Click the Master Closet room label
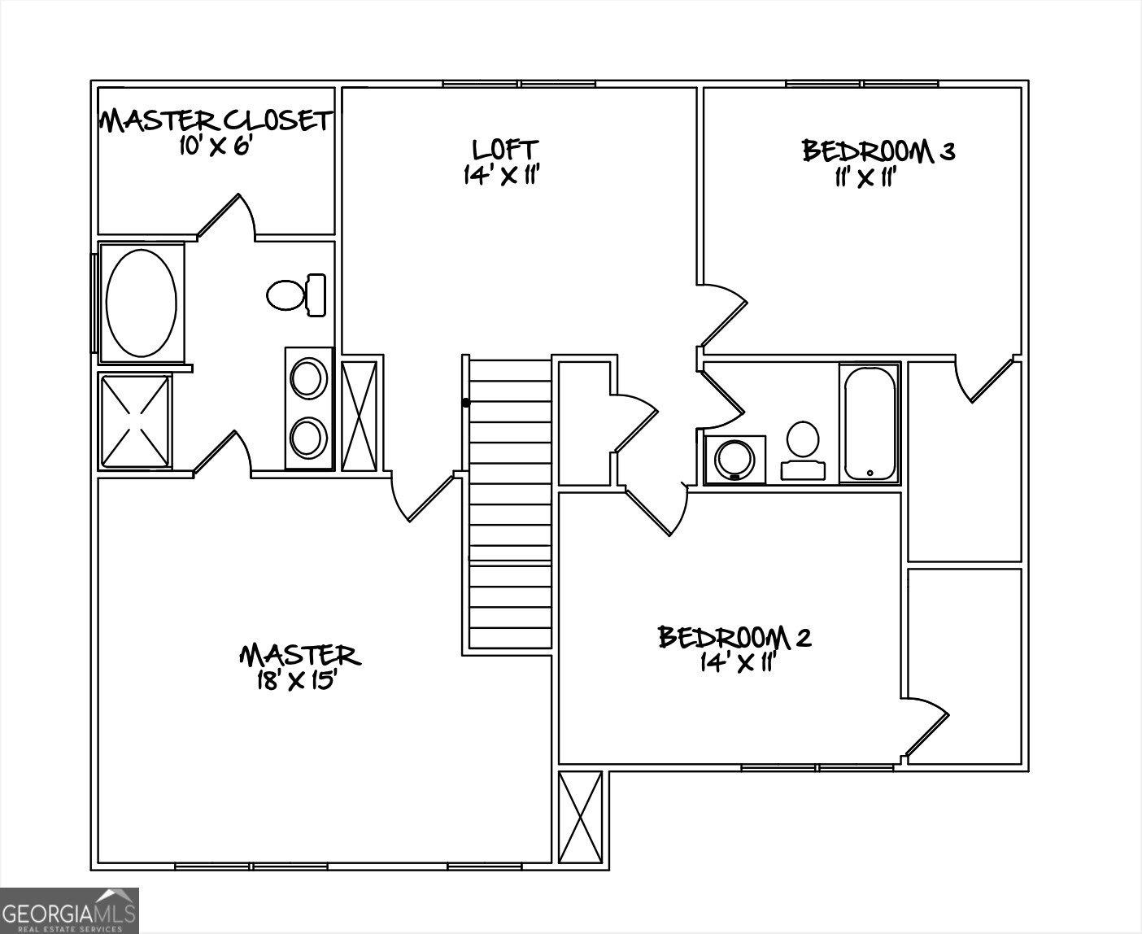click(x=216, y=120)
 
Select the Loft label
click(x=504, y=149)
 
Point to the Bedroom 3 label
click(x=878, y=151)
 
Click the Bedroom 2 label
click(x=734, y=637)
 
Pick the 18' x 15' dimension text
click(x=297, y=680)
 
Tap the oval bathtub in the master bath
click(x=142, y=303)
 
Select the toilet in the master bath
click(x=295, y=294)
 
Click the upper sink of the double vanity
click(x=308, y=379)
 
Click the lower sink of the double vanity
click(x=308, y=437)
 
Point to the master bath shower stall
click(x=135, y=421)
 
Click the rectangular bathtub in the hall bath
click(x=870, y=423)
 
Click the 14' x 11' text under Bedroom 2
click(x=734, y=663)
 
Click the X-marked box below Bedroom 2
click(x=582, y=818)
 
